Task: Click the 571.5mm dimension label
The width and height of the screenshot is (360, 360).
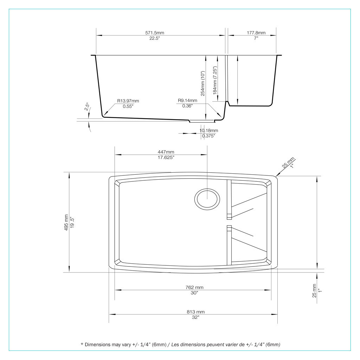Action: [x=155, y=33]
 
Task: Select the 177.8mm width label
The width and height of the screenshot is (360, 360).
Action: [x=256, y=33]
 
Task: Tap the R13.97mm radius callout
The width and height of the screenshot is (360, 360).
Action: [x=128, y=101]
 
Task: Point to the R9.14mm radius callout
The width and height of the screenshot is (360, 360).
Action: [x=187, y=100]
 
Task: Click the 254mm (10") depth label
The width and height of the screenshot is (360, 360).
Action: [x=202, y=83]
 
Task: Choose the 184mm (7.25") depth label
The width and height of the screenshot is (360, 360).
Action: [x=215, y=81]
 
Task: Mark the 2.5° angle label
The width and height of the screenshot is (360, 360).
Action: [x=87, y=107]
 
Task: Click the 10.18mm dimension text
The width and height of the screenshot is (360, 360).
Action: [x=209, y=130]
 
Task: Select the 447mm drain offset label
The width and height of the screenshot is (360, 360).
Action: [x=166, y=152]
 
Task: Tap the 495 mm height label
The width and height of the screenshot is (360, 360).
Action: [x=66, y=223]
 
